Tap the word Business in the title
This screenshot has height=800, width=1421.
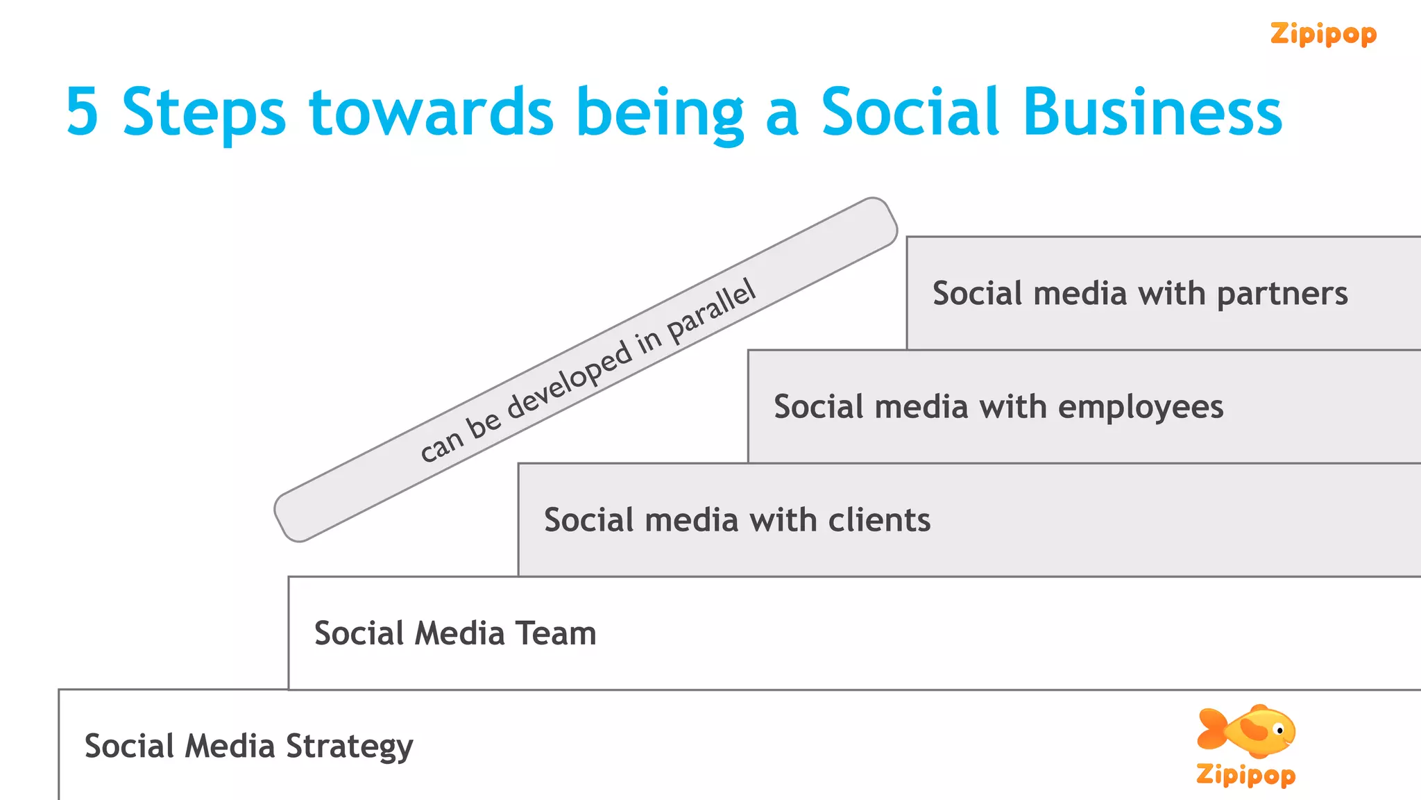(x=1152, y=112)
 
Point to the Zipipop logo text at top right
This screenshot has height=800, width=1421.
(x=1323, y=34)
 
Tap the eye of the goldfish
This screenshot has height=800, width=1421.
(x=1279, y=731)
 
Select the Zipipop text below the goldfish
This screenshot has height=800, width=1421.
(x=1245, y=774)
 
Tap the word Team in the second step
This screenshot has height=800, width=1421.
(x=556, y=633)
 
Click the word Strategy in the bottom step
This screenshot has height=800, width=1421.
(x=349, y=747)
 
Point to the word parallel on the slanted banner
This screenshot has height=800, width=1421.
(x=711, y=312)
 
